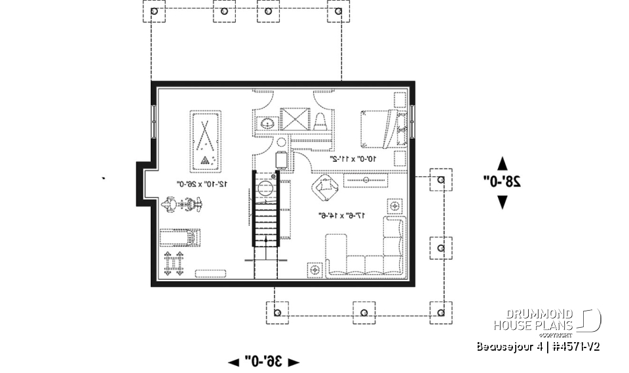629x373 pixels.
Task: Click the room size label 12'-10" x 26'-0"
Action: pyautogui.click(x=202, y=185)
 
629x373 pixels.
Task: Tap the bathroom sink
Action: pyautogui.click(x=267, y=122)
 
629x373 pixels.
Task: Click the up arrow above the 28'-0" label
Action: pyautogui.click(x=503, y=162)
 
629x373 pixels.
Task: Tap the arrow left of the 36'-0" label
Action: pyautogui.click(x=233, y=362)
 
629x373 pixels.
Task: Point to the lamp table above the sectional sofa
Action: pyautogui.click(x=395, y=206)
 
